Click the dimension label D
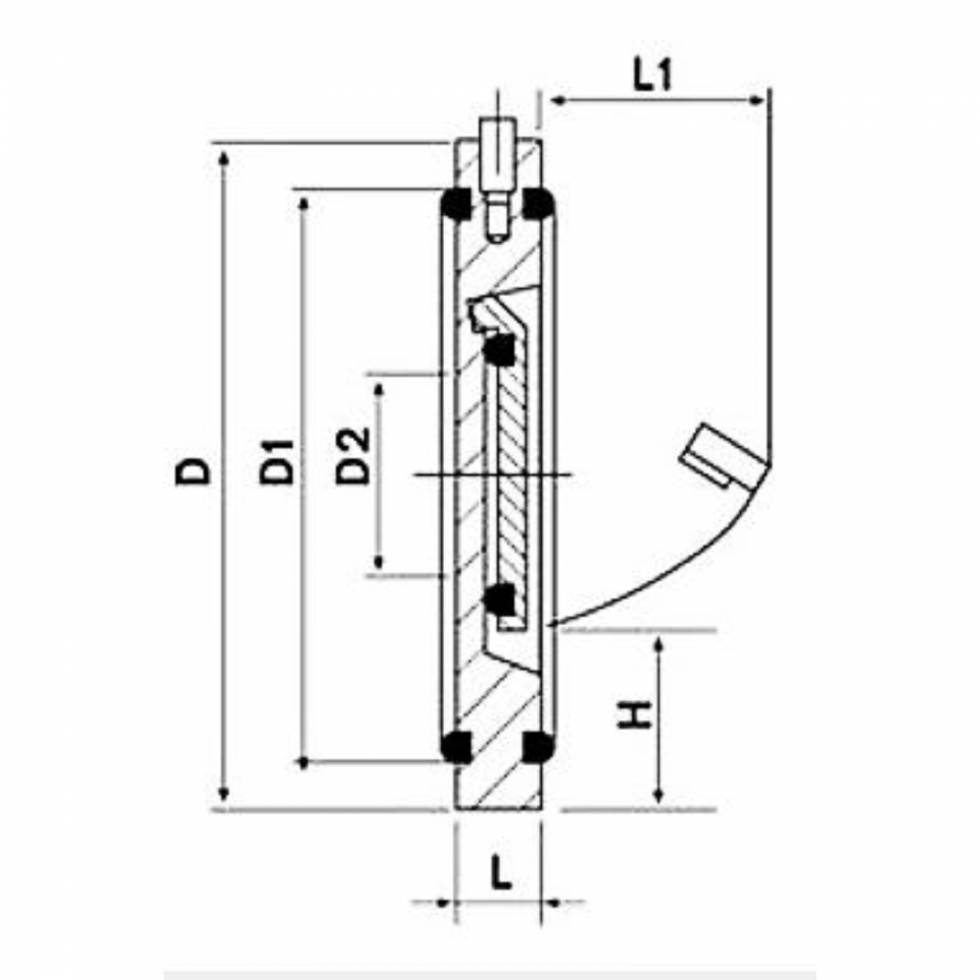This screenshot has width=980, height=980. pyautogui.click(x=193, y=470)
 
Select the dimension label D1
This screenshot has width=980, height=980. pyautogui.click(x=277, y=462)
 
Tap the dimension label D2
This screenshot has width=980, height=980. pyautogui.click(x=353, y=456)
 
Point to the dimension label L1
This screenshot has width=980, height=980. pyautogui.click(x=653, y=76)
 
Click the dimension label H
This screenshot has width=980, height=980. pyautogui.click(x=635, y=714)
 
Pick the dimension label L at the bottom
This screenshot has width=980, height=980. pyautogui.click(x=501, y=872)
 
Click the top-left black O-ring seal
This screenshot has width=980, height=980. pyautogui.click(x=457, y=203)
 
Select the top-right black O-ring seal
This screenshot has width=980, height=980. pyautogui.click(x=537, y=203)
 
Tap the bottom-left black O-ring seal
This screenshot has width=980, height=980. pyautogui.click(x=456, y=746)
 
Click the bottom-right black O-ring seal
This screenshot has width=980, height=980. pyautogui.click(x=537, y=746)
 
